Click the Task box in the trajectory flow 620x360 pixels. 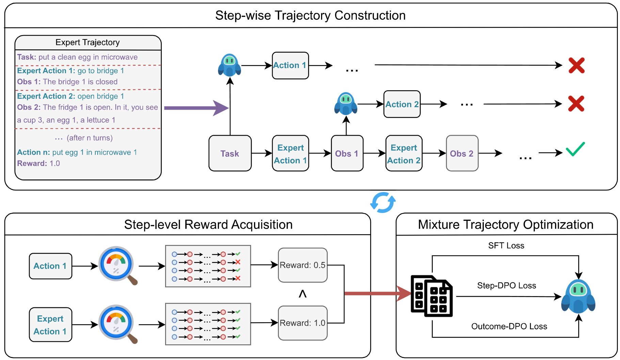(x=230, y=153)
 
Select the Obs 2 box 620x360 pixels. (x=462, y=153)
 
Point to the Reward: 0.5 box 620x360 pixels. (x=302, y=265)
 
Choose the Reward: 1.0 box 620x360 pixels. (x=302, y=323)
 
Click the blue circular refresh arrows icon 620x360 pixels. (x=383, y=202)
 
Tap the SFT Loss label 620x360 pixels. (x=506, y=246)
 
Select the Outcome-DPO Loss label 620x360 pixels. (x=509, y=326)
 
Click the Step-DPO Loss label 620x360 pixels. (x=506, y=285)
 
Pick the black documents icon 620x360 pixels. (x=431, y=296)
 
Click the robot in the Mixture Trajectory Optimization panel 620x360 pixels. (x=578, y=296)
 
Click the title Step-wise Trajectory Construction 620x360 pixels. (x=310, y=16)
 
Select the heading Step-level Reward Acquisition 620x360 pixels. (x=208, y=225)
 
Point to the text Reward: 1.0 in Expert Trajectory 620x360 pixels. (x=38, y=163)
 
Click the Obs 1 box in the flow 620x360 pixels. (x=347, y=153)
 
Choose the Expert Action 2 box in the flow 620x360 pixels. (x=403, y=153)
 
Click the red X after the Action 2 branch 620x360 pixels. (x=576, y=104)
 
